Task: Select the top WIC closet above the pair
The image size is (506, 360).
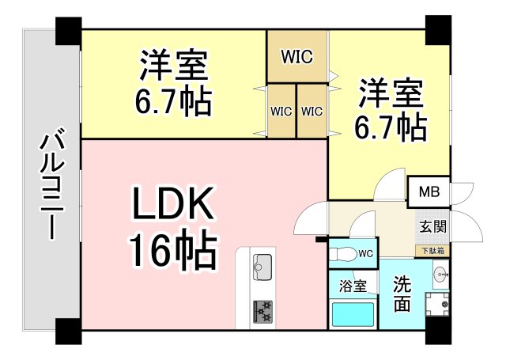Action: click(x=297, y=56)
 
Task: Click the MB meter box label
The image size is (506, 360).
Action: click(x=429, y=191)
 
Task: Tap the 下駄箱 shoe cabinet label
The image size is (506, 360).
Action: click(x=432, y=251)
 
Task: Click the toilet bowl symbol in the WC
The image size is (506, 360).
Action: click(x=345, y=254)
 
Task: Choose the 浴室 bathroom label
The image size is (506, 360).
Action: click(x=353, y=286)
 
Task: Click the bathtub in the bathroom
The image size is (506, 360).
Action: click(x=353, y=315)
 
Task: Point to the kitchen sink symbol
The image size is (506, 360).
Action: click(x=262, y=264)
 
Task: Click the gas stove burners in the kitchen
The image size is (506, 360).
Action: click(x=262, y=309)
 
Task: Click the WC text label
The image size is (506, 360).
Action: click(x=365, y=254)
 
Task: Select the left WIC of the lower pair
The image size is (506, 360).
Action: click(x=281, y=112)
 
